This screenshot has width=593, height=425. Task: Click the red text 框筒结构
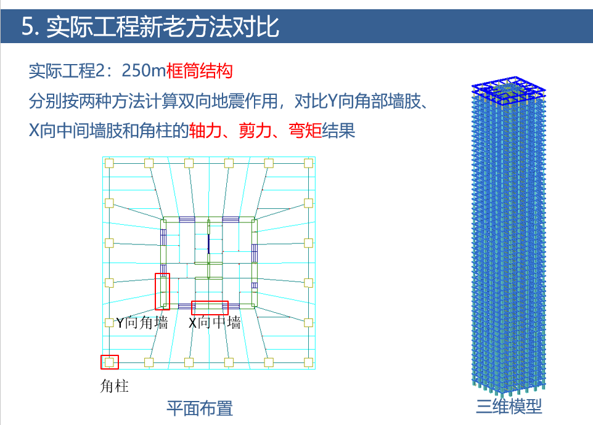point(199,71)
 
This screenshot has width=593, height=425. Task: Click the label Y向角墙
point(142,323)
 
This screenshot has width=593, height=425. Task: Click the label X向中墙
point(215,323)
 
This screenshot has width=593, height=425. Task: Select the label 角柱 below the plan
point(114,386)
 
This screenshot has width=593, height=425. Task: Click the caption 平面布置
point(200,408)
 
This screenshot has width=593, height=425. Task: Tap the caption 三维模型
point(509,407)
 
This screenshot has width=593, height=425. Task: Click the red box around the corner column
point(110,362)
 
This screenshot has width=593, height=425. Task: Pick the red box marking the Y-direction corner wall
point(162,291)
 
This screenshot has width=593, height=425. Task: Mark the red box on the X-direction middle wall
point(210,307)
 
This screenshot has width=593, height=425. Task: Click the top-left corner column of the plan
point(109,163)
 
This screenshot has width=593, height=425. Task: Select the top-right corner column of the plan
point(308,163)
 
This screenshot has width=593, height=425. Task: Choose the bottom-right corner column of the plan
point(308,362)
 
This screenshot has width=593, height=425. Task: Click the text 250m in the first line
point(144,71)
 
